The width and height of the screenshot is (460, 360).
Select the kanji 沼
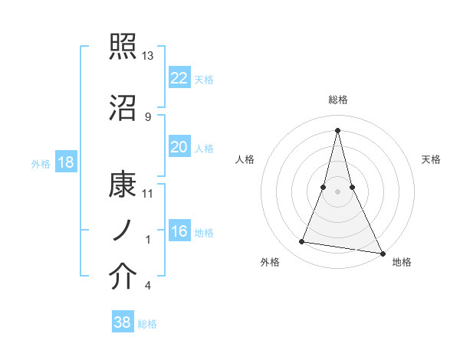123,107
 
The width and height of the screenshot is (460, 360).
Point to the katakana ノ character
121,231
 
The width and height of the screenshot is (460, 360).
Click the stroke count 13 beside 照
148,56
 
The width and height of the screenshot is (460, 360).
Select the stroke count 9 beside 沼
147,116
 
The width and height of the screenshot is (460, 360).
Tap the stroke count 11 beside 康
148,192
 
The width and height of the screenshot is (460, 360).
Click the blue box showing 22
179,78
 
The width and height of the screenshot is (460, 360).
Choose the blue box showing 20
179,147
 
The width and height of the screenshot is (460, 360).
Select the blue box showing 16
179,231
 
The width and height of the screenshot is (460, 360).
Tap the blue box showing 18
65,162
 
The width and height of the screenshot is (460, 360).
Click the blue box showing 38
123,322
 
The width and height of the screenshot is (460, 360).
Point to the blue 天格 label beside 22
204,79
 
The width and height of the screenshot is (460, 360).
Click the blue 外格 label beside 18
41,163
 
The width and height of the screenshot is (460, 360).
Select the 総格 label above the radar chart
338,100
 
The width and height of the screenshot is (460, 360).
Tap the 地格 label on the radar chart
402,262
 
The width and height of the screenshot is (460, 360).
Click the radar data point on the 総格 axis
338,129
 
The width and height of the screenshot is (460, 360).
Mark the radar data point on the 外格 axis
302,242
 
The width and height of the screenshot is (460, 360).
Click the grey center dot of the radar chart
338,191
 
